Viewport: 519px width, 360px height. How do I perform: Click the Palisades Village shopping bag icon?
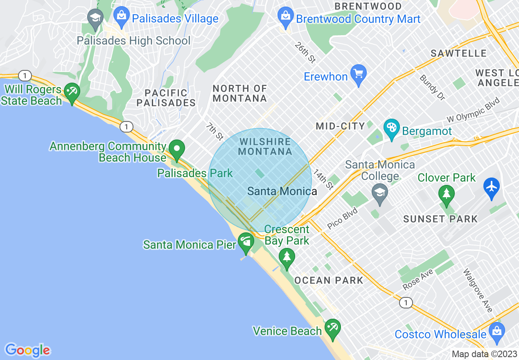click(x=121, y=16)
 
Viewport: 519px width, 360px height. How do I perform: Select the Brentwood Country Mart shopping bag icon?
click(x=284, y=16)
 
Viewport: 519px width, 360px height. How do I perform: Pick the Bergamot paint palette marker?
click(x=392, y=128)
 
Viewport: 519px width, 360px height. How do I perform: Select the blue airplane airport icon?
click(x=492, y=187)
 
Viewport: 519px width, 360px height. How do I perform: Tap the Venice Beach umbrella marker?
click(x=332, y=328)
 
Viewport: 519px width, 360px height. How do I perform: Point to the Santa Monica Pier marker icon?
click(x=246, y=242)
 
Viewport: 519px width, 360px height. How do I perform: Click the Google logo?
click(x=28, y=350)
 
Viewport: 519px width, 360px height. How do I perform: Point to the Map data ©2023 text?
click(x=484, y=354)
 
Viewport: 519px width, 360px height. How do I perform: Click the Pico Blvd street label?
click(x=343, y=219)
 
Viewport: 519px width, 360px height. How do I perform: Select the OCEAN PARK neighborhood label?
click(x=329, y=280)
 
